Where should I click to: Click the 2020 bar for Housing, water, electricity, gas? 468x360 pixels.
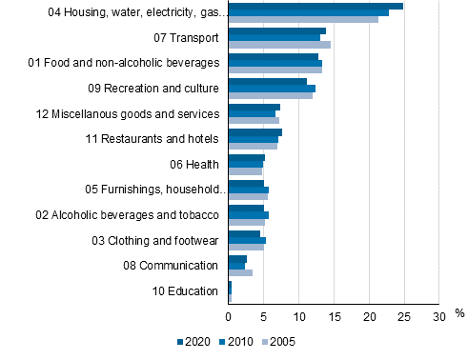click(x=315, y=6)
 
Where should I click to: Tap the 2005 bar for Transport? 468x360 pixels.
click(x=279, y=45)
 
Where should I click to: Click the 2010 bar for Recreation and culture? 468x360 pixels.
click(x=272, y=89)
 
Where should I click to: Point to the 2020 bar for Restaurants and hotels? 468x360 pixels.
click(x=255, y=132)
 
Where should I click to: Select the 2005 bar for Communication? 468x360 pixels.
click(x=240, y=272)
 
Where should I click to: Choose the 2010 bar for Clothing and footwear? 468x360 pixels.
click(x=247, y=240)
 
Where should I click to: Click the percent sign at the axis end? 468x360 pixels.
click(x=458, y=312)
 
